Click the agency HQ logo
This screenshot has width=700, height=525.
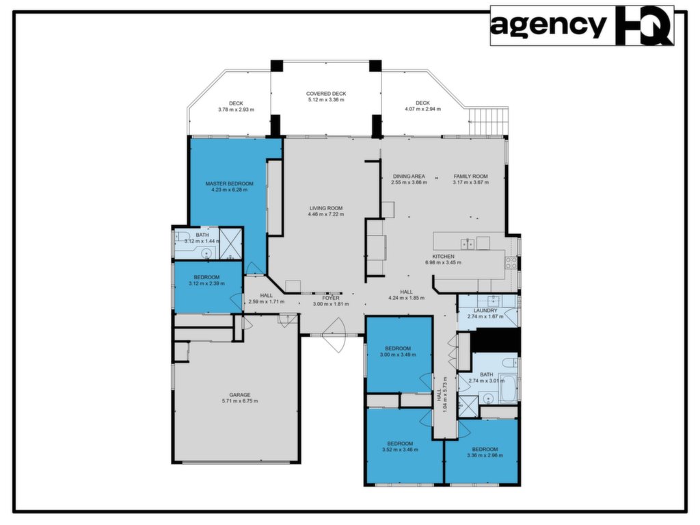[x=582, y=25]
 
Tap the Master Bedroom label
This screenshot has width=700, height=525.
[x=229, y=183]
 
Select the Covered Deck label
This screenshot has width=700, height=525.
[x=326, y=94]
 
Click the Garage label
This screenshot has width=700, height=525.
[x=240, y=395]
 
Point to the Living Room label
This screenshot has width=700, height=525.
[x=326, y=208]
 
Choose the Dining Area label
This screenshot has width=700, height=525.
[x=409, y=176]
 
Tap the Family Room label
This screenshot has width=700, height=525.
[x=470, y=176]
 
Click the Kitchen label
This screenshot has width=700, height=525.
[x=443, y=256]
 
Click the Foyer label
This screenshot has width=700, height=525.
[x=331, y=298]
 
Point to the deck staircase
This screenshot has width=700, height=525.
[x=488, y=120]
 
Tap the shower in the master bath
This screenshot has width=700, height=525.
[x=231, y=244]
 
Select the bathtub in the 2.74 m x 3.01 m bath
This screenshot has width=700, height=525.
[x=507, y=387]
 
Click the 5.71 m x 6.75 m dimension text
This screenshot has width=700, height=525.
[x=240, y=401]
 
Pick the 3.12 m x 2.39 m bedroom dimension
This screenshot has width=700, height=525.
[x=206, y=283]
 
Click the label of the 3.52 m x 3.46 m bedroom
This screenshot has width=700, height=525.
[x=400, y=444]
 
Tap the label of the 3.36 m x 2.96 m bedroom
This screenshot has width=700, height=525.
[x=485, y=450]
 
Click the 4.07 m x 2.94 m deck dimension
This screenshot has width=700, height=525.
[x=422, y=109]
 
